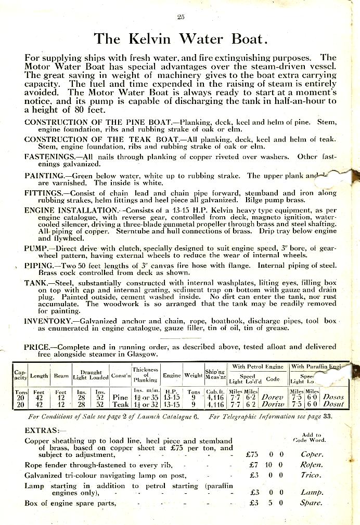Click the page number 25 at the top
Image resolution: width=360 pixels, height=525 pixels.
coord(181,17)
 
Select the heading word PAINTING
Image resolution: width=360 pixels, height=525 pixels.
coord(44,176)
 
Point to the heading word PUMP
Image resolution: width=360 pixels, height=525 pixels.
coord(36,248)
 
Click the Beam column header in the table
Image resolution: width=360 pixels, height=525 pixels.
coord(61,375)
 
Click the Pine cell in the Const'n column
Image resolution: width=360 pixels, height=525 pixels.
coord(120,397)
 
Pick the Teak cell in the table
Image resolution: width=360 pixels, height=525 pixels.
coord(120,404)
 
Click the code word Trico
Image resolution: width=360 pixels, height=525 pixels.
coord(312,475)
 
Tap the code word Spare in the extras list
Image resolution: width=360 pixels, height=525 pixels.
coord(311,503)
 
